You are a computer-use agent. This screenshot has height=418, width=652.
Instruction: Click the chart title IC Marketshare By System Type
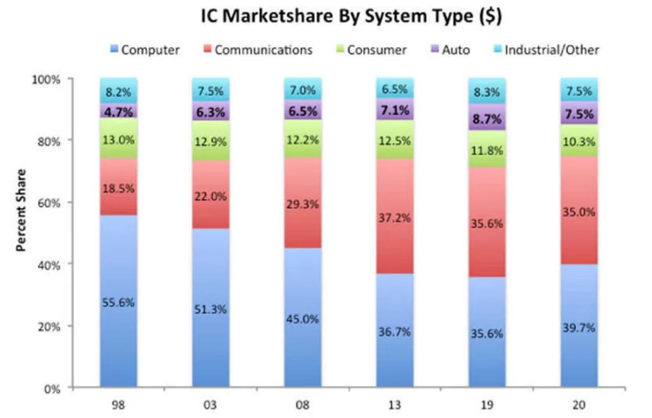click(351, 17)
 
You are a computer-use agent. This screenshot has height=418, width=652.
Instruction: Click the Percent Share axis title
click(22, 210)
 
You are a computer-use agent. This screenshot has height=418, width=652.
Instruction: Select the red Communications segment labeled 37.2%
click(395, 218)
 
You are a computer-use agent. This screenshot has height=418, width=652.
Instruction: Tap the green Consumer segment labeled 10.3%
click(579, 141)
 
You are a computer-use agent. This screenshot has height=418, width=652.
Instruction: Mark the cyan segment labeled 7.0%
click(303, 90)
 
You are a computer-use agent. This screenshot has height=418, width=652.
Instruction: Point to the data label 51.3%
click(210, 309)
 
